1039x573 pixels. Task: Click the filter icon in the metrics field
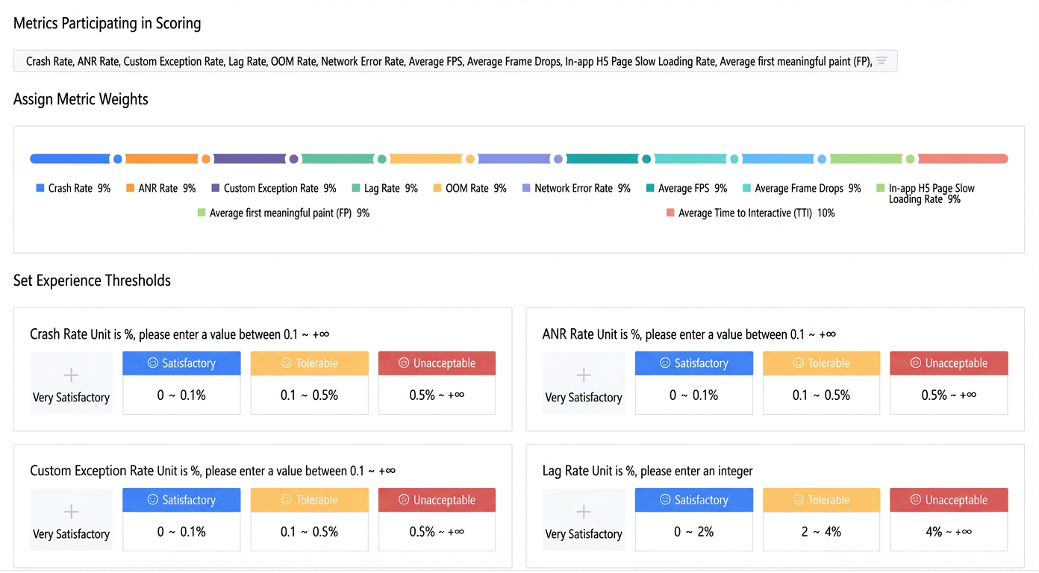click(x=882, y=60)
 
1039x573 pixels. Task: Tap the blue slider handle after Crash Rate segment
click(x=118, y=159)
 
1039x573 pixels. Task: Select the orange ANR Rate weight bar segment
click(x=161, y=159)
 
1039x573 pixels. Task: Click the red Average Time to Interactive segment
click(x=963, y=159)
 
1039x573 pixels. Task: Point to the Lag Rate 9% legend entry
click(x=385, y=188)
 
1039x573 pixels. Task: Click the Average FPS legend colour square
click(x=650, y=188)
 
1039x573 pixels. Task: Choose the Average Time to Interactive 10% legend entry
click(x=750, y=213)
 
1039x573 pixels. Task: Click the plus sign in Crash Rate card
click(x=71, y=375)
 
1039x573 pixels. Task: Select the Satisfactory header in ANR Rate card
click(x=694, y=363)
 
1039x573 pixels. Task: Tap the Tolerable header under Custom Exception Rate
click(x=309, y=500)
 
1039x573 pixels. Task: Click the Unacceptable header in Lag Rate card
click(x=949, y=500)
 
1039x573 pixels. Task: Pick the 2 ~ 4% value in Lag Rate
click(x=821, y=532)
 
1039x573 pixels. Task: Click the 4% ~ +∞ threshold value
click(x=949, y=532)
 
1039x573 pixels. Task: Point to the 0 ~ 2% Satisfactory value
click(x=694, y=532)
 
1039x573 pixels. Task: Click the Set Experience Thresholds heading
click(x=92, y=281)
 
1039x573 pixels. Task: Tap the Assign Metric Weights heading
click(x=81, y=99)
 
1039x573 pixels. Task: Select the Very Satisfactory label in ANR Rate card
click(x=584, y=398)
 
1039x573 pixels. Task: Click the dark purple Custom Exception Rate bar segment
click(x=249, y=159)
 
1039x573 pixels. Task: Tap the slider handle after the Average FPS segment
click(x=646, y=159)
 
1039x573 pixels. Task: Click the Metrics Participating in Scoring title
click(x=107, y=23)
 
